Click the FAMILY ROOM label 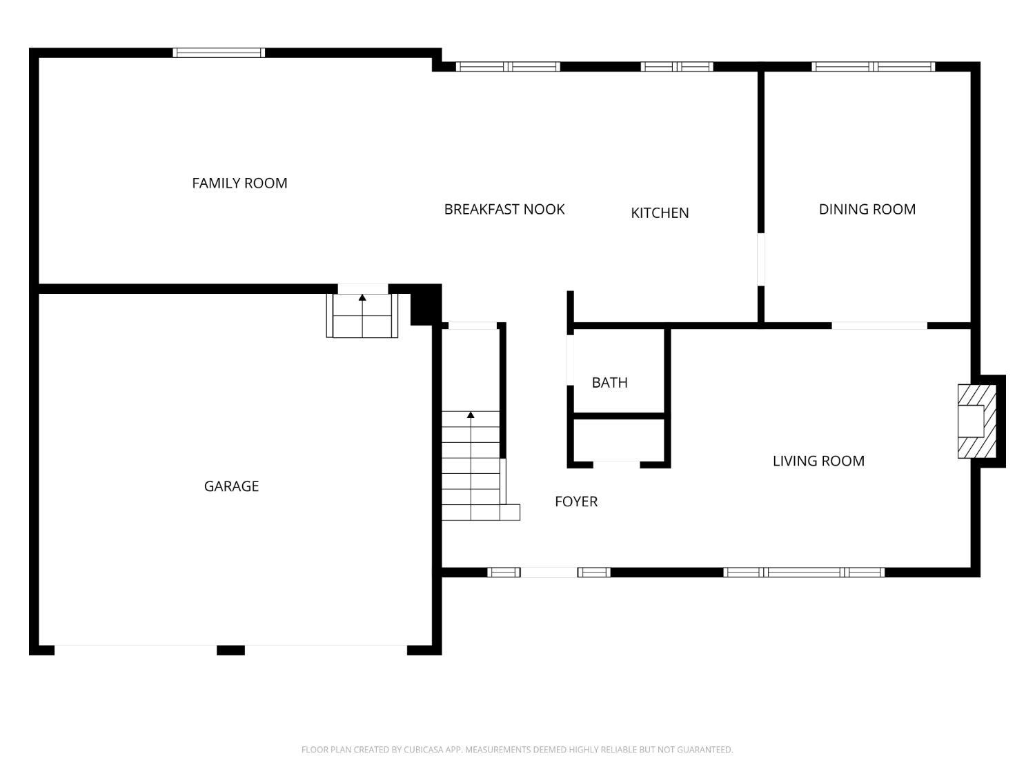click(x=239, y=183)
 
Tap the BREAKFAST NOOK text click(x=504, y=209)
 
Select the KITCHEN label click(x=660, y=213)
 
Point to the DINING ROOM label click(x=867, y=209)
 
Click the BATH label click(x=610, y=383)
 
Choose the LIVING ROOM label click(x=818, y=461)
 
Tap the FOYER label click(x=576, y=501)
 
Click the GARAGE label click(x=231, y=486)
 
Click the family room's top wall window click(x=219, y=53)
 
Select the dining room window click(x=874, y=67)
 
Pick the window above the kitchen click(x=677, y=67)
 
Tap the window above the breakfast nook click(x=508, y=67)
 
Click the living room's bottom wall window click(x=804, y=573)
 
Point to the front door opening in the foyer click(x=549, y=573)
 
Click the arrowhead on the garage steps click(x=362, y=297)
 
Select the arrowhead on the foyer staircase click(x=471, y=415)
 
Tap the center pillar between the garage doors click(x=230, y=650)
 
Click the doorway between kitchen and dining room click(x=760, y=259)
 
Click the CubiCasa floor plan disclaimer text click(x=517, y=749)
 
